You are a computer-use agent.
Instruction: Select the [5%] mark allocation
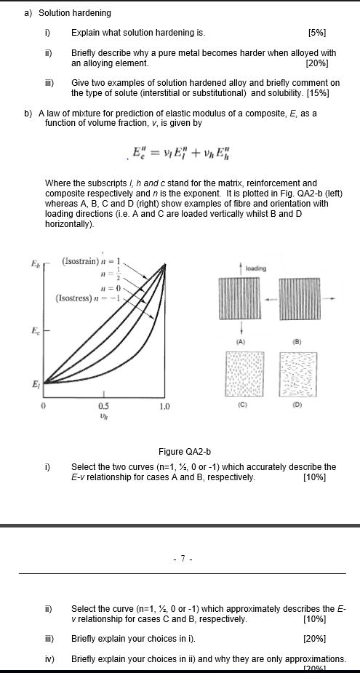tap(317, 33)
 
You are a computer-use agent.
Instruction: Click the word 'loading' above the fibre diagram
tap(255, 268)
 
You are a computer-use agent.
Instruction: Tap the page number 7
tap(183, 559)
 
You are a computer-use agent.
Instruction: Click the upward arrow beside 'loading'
tap(239, 269)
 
